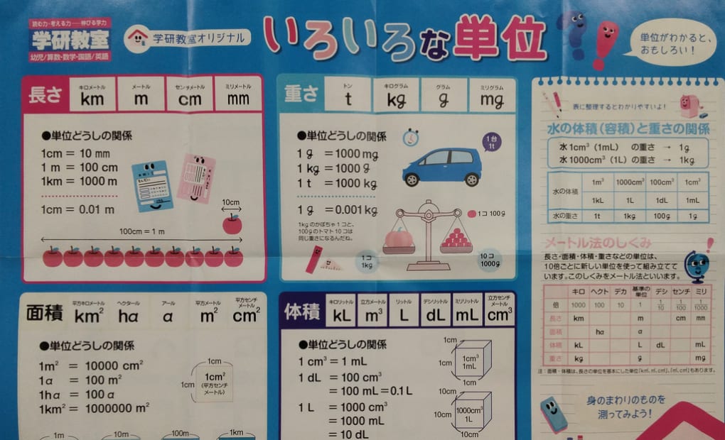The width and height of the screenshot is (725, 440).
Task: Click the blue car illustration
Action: coord(441,167)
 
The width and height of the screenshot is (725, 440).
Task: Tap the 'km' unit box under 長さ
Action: coord(93,95)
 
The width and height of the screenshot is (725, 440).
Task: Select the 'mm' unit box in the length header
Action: coord(238,95)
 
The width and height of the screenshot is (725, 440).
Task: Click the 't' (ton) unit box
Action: coord(348,96)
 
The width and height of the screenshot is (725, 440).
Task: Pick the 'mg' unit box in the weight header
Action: coord(491,96)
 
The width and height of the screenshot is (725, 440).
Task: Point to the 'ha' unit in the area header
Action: coord(128,312)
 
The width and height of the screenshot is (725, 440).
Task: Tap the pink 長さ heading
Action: coord(45,95)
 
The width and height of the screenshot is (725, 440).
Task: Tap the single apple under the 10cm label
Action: coord(232,224)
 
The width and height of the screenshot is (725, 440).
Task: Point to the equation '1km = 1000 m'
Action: coord(78,182)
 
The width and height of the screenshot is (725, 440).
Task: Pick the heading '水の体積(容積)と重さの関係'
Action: coord(628,128)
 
